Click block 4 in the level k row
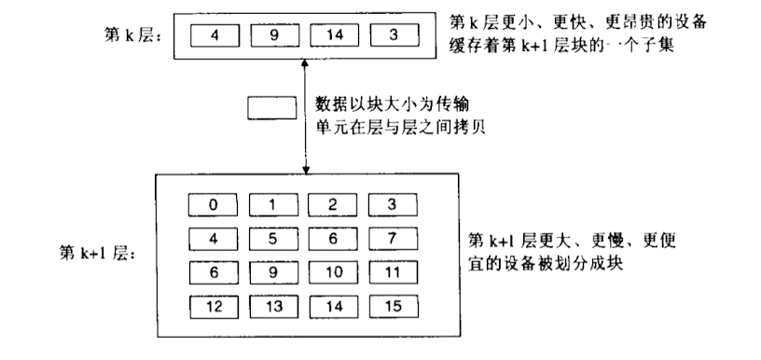215,36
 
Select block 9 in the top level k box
275,36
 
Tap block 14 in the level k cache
335,36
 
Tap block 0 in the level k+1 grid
214,204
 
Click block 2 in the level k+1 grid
334,204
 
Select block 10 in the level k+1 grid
334,272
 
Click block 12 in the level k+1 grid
214,306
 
